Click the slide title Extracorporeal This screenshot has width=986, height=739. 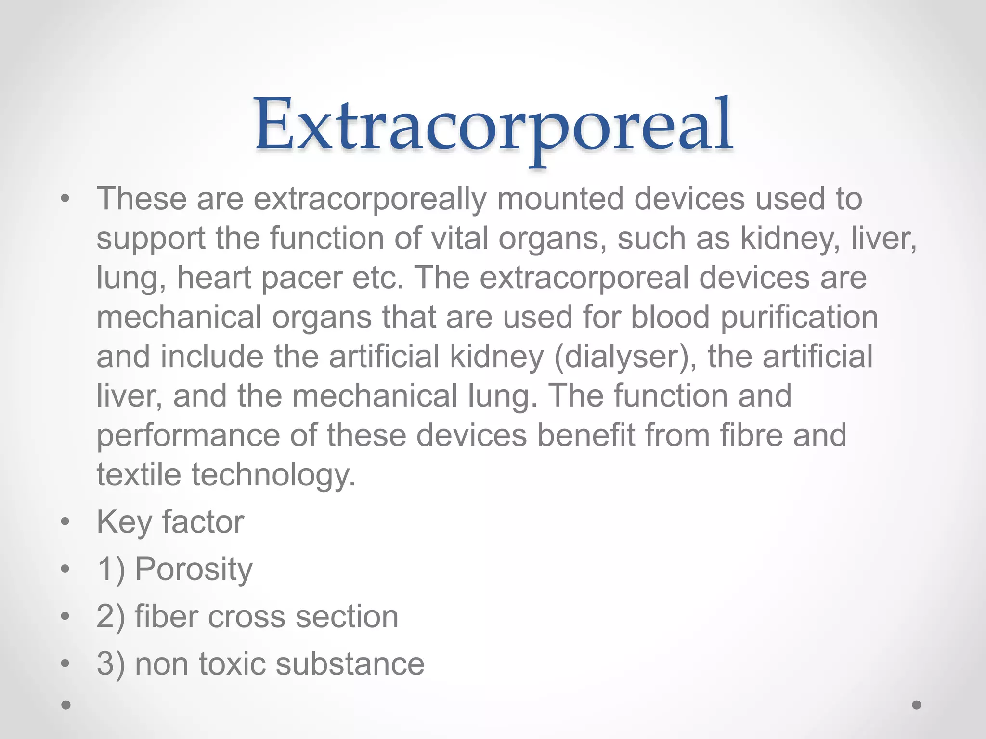tap(494, 126)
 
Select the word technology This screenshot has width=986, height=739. tap(273, 476)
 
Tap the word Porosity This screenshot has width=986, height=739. tap(194, 570)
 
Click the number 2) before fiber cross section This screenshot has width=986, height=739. tap(110, 617)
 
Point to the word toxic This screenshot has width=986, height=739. tap(232, 663)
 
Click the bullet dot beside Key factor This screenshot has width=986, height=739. tap(65, 522)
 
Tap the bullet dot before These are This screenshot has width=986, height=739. tap(65, 199)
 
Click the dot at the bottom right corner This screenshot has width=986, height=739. tap(916, 705)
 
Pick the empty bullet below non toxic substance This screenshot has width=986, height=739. tap(66, 705)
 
